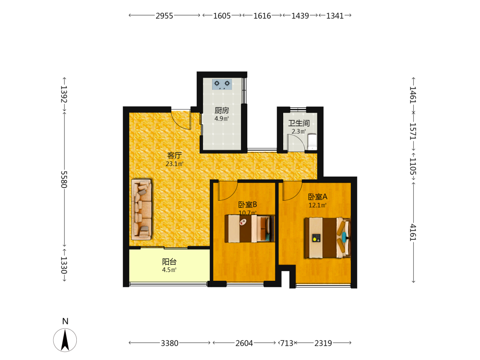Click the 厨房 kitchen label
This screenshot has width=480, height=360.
222,110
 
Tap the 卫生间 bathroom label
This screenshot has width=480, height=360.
299,123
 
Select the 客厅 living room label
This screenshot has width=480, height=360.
175,155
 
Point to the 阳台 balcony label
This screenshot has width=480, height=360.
169,262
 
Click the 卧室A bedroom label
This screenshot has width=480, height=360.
317,196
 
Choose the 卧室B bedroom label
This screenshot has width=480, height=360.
248,204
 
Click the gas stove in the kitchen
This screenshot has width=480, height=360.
222,84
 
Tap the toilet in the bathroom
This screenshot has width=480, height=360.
312,142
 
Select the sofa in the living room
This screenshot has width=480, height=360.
142,209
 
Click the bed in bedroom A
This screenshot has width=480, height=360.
327,238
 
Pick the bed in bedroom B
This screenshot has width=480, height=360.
250,228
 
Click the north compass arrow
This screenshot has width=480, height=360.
65,340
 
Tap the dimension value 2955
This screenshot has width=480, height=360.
164,16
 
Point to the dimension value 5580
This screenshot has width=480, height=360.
64,180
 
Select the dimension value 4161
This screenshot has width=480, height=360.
413,232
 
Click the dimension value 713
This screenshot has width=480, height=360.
287,343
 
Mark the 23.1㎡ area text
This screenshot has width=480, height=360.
175,164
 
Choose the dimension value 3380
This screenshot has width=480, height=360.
169,343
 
